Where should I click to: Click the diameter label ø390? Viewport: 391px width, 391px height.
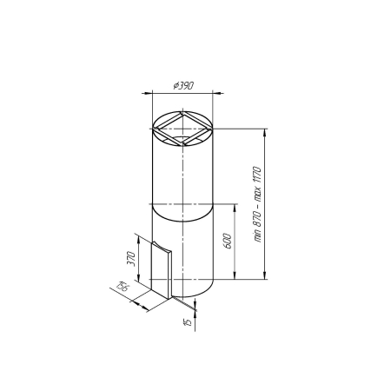[183, 86]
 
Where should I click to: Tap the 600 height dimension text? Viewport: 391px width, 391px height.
[228, 241]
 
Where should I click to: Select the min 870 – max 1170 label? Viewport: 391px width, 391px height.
[257, 204]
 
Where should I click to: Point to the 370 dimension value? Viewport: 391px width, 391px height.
[131, 259]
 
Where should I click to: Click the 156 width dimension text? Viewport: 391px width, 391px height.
[123, 287]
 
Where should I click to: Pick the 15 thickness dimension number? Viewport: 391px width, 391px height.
[189, 322]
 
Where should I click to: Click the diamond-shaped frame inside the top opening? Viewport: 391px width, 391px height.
[182, 129]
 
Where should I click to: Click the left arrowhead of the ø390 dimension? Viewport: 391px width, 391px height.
[146, 93]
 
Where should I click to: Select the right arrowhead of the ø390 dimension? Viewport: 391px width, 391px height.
[220, 93]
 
